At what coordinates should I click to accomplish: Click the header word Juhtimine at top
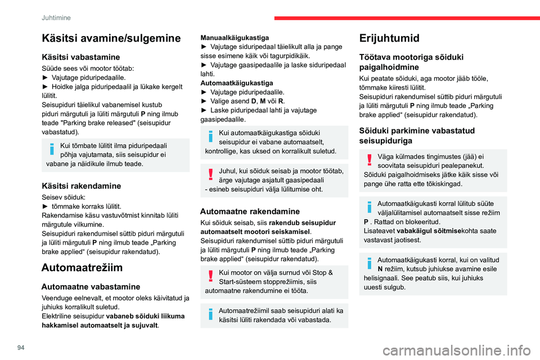click(x=55, y=17)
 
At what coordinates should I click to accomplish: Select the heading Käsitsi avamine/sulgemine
click(x=111, y=38)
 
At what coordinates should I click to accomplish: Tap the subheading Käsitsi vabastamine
click(x=80, y=57)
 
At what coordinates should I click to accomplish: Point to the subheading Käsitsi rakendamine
click(x=82, y=186)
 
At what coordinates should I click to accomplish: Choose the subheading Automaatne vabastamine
click(x=91, y=286)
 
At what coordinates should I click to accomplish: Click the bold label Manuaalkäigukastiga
click(x=235, y=38)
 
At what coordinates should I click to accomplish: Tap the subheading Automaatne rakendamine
click(x=250, y=212)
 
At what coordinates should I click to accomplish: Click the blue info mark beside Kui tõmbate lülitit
click(x=52, y=149)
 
